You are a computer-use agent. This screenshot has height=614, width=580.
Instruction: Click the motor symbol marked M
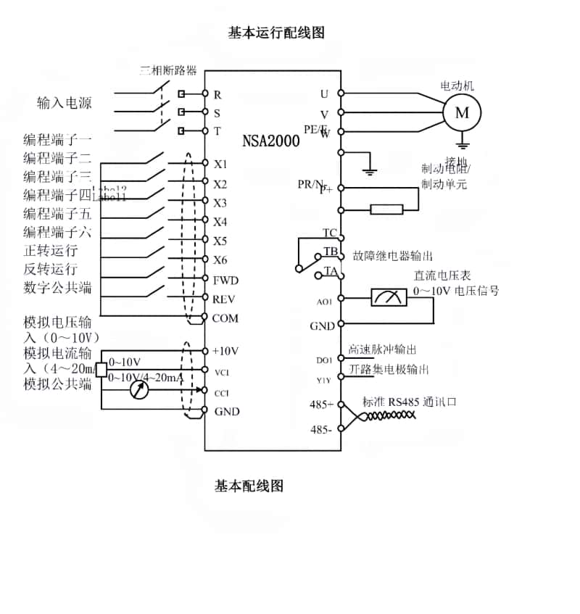pyautogui.click(x=461, y=112)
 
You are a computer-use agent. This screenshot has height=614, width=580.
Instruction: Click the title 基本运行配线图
pyautogui.click(x=275, y=33)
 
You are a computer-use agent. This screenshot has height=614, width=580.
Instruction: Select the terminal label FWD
pyautogui.click(x=225, y=280)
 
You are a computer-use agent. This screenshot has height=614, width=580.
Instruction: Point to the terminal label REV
pyautogui.click(x=225, y=299)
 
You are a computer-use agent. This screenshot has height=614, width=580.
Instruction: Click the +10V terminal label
pyautogui.click(x=225, y=351)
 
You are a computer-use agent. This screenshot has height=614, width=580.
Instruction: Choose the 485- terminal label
pyautogui.click(x=321, y=429)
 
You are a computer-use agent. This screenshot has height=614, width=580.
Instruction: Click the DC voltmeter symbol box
pyautogui.click(x=389, y=297)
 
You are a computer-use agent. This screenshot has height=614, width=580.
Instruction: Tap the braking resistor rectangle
pyautogui.click(x=386, y=209)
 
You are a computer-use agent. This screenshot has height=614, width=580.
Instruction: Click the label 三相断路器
pyautogui.click(x=168, y=71)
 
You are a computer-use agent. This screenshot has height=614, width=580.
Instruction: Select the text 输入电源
pyautogui.click(x=65, y=103)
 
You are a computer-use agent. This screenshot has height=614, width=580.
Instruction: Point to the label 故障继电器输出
pyautogui.click(x=393, y=256)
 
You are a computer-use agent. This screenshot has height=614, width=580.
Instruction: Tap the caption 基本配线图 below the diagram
pyautogui.click(x=249, y=486)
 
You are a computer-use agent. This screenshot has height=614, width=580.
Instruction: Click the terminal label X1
pyautogui.click(x=220, y=164)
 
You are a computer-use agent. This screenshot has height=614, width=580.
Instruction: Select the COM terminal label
pyautogui.click(x=225, y=318)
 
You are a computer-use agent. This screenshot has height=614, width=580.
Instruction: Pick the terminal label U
pyautogui.click(x=324, y=94)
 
